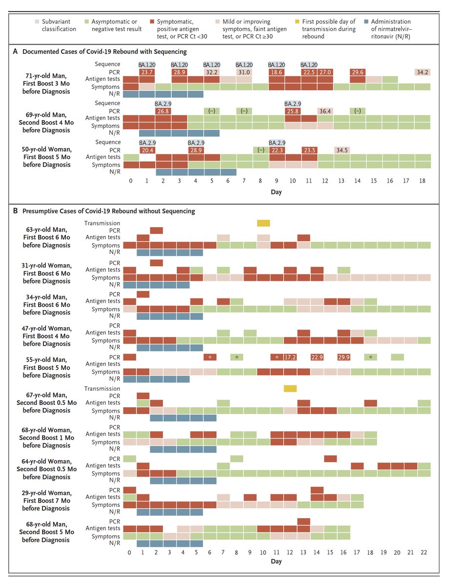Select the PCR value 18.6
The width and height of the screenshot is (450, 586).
(x=276, y=72)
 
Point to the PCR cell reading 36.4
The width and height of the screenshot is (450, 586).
(x=325, y=111)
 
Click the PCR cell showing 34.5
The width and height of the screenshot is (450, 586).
(x=341, y=150)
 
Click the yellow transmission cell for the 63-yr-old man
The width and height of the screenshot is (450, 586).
(x=264, y=223)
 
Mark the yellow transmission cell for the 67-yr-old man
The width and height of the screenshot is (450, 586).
(x=290, y=388)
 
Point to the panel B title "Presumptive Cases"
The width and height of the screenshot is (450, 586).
(x=105, y=211)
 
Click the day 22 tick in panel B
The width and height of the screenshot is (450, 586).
(x=424, y=553)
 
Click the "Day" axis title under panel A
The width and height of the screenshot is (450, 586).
(x=276, y=192)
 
